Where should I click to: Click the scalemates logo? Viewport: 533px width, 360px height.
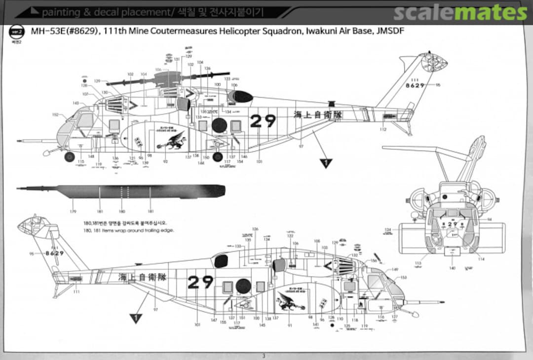click(461, 12)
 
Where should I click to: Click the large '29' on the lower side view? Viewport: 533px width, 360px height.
click(201, 282)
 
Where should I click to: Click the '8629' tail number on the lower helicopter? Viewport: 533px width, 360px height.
click(54, 253)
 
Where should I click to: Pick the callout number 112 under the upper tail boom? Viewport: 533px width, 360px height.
click(383, 130)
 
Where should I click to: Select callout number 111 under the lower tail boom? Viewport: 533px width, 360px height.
click(76, 292)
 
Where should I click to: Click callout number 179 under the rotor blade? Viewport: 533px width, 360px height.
click(73, 212)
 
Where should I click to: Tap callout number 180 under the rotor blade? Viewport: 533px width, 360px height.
click(122, 212)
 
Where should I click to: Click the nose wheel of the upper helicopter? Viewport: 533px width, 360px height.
click(70, 157)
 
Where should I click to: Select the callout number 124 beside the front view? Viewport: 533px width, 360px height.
click(388, 230)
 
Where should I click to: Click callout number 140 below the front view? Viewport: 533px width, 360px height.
click(452, 268)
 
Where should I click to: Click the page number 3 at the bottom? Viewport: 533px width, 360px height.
click(264, 356)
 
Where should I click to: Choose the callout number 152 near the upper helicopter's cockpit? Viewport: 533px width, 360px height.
click(55, 115)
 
